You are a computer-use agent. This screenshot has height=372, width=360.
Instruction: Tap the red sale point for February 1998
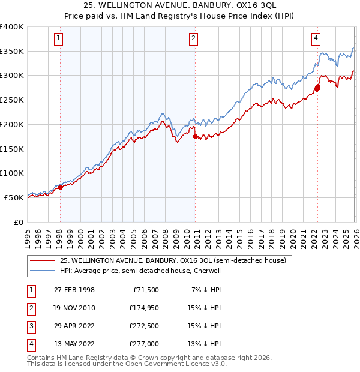pyautogui.click(x=60, y=187)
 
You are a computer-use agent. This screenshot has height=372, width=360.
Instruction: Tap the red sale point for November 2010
pyautogui.click(x=195, y=136)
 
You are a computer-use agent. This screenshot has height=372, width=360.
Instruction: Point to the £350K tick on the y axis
pyautogui.click(x=13, y=51)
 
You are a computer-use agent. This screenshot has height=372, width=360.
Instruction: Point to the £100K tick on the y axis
pyautogui.click(x=13, y=173)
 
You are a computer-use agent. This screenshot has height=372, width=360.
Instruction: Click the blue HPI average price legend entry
pyautogui.click(x=140, y=271)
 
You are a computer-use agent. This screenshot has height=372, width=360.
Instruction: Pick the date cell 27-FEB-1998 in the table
pyautogui.click(x=74, y=290)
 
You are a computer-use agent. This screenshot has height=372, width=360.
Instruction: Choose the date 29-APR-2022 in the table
pyautogui.click(x=74, y=326)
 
